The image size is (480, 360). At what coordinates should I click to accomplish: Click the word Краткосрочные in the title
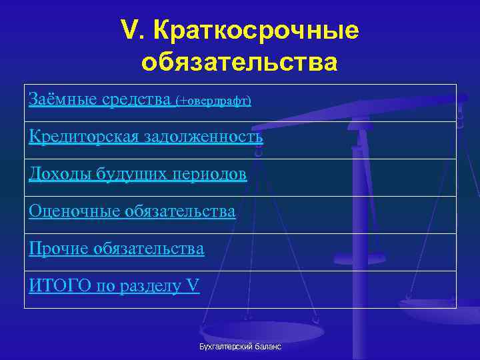(256, 31)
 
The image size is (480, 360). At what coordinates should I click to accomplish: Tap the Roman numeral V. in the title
(133, 29)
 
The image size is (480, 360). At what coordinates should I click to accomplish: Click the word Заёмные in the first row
(63, 99)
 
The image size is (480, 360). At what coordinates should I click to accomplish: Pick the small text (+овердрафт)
(213, 101)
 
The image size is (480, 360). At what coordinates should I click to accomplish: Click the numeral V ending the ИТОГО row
(193, 286)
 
